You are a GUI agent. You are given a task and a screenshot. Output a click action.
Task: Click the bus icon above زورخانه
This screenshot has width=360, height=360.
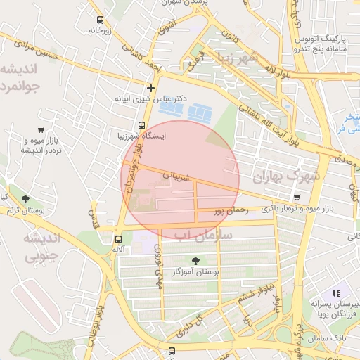point(101,20)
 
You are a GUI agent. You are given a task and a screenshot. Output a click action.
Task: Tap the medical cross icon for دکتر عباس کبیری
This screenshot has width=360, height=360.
point(150,88)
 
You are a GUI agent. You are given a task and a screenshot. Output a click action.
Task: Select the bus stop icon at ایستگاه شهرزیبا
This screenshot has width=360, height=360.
point(123,125)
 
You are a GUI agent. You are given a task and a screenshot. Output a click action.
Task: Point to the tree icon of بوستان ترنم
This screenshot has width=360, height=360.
point(26,199)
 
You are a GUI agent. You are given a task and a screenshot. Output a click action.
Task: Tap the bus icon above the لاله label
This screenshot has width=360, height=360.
point(118,238)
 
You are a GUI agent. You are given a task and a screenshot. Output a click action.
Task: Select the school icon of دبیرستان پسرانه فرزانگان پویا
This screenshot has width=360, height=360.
point(335,292)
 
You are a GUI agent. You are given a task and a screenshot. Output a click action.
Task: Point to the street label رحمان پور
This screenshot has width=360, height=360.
point(229,210)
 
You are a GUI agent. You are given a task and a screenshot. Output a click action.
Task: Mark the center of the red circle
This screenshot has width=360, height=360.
point(181,179)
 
